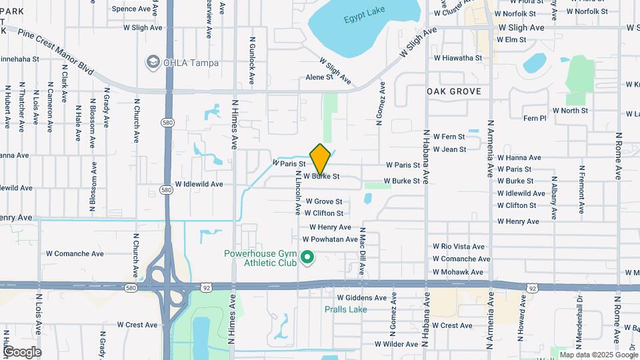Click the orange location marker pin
tap(320, 159)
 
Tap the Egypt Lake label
tap(364, 19)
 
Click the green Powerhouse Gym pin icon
tap(307, 257)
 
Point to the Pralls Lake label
tap(345, 309)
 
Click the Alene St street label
tap(319, 77)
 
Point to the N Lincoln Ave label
tap(297, 193)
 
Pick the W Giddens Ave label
tap(361, 297)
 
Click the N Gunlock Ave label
tap(252, 60)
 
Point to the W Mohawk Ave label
tap(458, 272)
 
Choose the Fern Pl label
tap(535, 118)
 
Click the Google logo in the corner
tap(22, 352)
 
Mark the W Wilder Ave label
tap(396, 344)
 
